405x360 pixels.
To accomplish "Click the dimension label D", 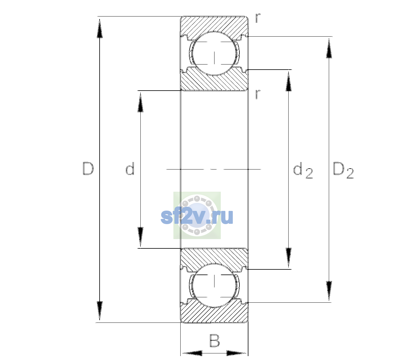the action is (x=88, y=169).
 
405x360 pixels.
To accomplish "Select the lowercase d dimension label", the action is (x=130, y=168).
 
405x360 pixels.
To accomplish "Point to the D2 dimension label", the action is (x=343, y=170).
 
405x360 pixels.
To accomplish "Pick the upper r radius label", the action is (x=258, y=18).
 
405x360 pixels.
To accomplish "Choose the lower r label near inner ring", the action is (x=258, y=94).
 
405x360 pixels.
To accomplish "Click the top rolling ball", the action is (x=214, y=53).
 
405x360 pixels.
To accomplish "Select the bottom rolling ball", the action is (x=214, y=285).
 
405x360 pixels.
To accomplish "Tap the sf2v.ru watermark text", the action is (x=197, y=217).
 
